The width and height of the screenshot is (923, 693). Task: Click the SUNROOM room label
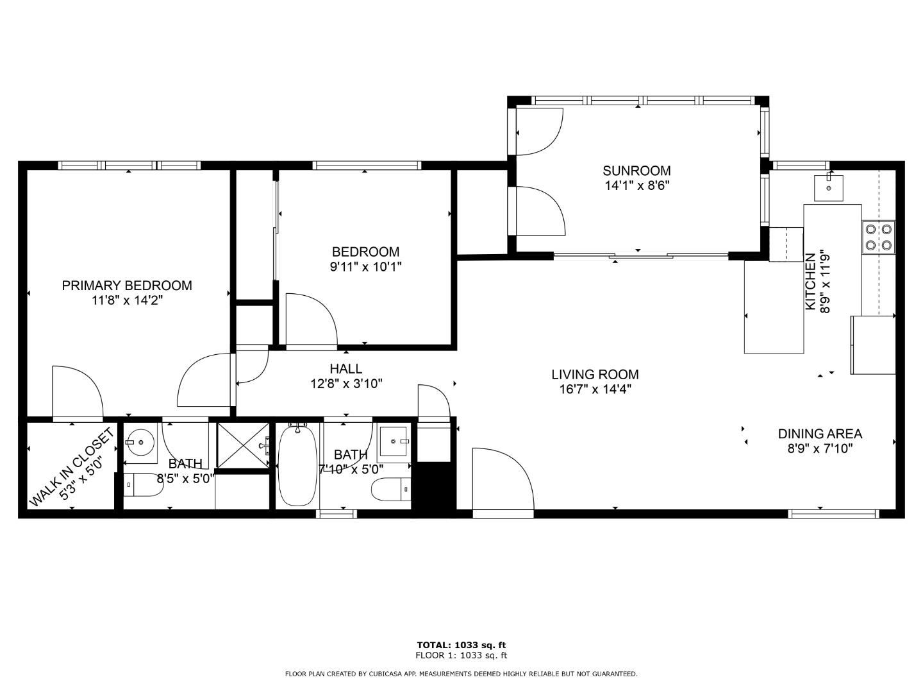636,171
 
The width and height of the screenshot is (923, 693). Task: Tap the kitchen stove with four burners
879,237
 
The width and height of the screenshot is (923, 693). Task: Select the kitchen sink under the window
829,187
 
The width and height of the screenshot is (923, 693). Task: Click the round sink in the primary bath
140,442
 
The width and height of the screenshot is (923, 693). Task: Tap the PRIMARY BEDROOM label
127,286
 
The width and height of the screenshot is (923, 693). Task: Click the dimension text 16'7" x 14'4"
595,389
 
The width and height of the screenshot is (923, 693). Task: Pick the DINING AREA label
820,434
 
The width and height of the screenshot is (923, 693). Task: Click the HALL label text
345,369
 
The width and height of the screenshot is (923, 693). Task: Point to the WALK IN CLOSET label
72,468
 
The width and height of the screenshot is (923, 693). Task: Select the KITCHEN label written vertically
810,282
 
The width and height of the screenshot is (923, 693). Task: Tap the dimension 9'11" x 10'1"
365,267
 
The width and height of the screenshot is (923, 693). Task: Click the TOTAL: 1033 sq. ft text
461,645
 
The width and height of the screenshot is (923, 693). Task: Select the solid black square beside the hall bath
433,486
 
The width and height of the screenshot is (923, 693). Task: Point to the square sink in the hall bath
394,442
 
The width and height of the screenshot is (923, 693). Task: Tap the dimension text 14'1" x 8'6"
636,185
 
